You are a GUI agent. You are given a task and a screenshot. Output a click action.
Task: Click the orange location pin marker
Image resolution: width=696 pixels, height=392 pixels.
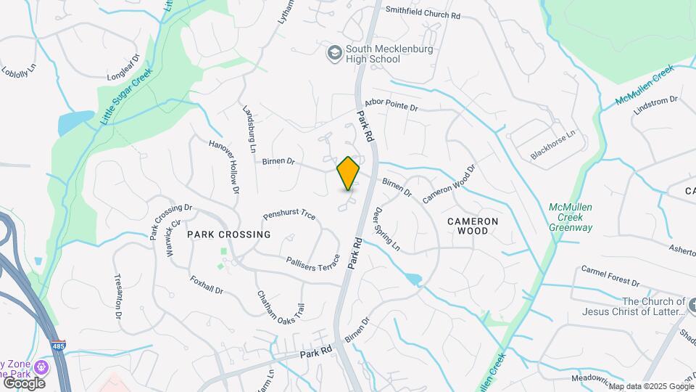[x=348, y=173]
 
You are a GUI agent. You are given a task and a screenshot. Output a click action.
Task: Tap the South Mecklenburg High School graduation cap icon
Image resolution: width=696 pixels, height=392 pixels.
[x=334, y=53]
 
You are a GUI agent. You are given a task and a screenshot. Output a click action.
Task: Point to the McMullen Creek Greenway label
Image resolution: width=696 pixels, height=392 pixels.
[x=571, y=217]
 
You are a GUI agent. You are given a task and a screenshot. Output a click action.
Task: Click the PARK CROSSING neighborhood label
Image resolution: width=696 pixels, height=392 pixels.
[x=228, y=234]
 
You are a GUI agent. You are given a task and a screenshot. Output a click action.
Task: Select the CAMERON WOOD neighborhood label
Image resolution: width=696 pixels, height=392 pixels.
[x=473, y=226]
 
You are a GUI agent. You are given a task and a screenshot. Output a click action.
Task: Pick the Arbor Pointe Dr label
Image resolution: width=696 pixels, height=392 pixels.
[x=392, y=107]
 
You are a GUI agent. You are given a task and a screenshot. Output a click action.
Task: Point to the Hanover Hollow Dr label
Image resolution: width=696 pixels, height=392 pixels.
[x=225, y=166]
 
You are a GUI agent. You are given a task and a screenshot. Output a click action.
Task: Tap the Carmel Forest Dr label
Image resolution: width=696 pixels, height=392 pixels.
[x=610, y=276]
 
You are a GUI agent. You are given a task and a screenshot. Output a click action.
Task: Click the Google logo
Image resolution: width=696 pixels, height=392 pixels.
[x=24, y=382]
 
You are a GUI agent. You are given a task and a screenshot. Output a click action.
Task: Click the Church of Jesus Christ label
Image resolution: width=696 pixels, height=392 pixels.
[x=634, y=306]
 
